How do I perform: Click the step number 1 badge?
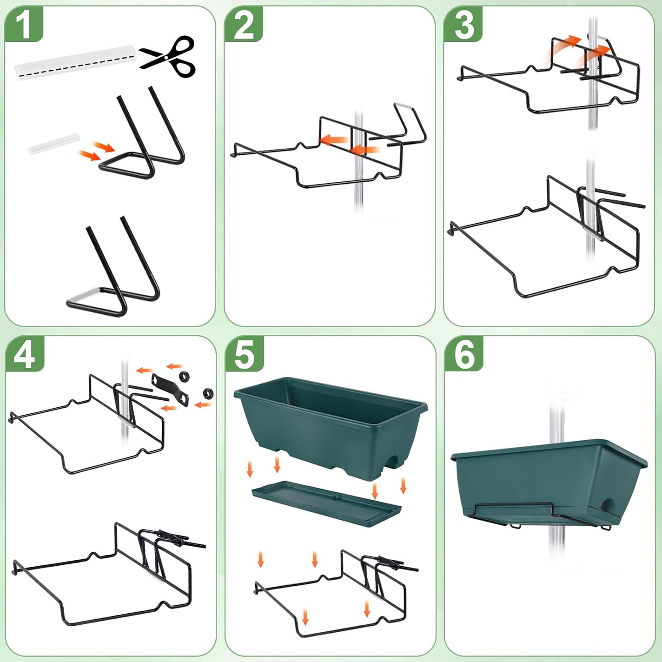coord(23,24)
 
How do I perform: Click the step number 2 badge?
coord(243,24)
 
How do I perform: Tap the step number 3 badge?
coord(463,24)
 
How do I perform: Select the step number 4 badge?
coord(24,354)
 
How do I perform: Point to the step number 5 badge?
coord(244,354)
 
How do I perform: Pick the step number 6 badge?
coord(464,354)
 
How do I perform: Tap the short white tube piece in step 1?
coord(54,143)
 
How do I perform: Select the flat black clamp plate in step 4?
coord(170,389)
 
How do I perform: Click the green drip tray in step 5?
coord(326,503)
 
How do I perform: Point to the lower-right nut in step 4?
coord(208,393)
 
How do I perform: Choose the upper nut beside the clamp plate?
coord(184,377)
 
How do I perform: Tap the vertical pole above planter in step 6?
coord(556,417)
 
